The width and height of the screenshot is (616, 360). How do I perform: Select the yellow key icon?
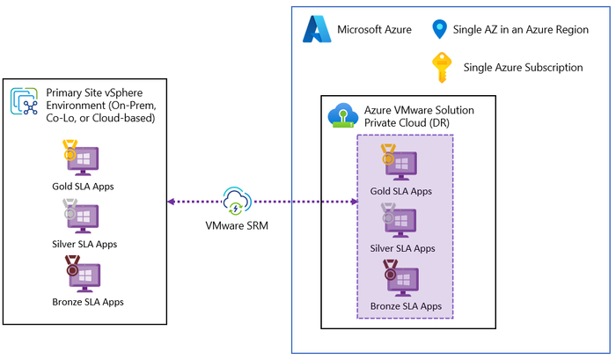click(439, 68)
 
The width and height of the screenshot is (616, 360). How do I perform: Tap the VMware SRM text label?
click(238, 224)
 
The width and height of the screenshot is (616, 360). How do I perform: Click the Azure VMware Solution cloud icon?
click(341, 117)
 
